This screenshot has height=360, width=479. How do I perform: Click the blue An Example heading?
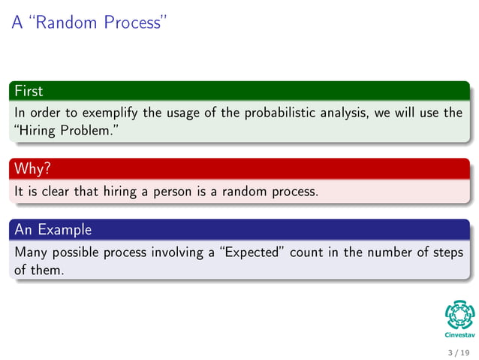pyautogui.click(x=53, y=229)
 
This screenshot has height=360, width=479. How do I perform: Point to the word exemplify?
pyautogui.click(x=110, y=113)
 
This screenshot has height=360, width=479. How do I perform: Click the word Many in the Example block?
pyautogui.click(x=31, y=252)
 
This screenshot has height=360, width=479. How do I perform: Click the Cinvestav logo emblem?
pyautogui.click(x=459, y=314)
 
